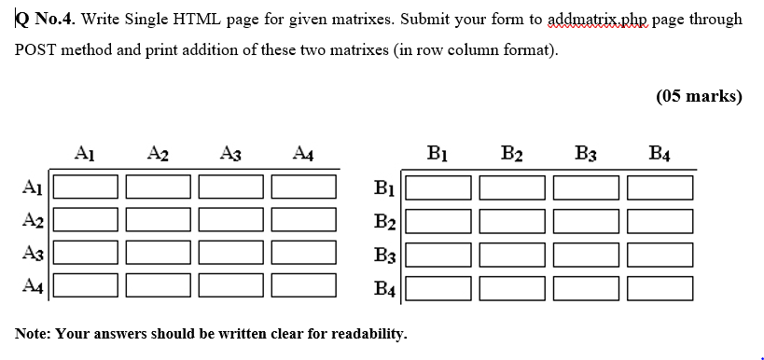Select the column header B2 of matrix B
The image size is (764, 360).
coord(512,154)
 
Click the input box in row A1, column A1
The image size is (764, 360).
coord(85,187)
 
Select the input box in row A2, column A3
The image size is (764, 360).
coord(230,221)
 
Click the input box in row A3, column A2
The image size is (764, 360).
coord(158,254)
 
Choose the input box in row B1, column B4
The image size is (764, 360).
coord(660,187)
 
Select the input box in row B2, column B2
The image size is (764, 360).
coord(514,221)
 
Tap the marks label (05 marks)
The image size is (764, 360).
coord(699,97)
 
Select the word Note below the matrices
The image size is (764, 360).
coord(32,332)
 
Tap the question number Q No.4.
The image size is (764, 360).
coord(44,19)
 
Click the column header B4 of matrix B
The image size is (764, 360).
coord(659,154)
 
